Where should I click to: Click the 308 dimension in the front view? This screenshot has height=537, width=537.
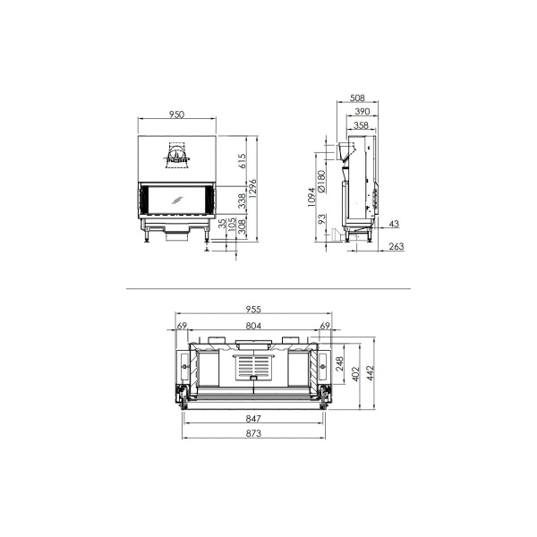pyautogui.click(x=241, y=238)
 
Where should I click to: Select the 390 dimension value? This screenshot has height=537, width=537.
pyautogui.click(x=361, y=113)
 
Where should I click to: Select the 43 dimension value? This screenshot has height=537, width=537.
pyautogui.click(x=395, y=224)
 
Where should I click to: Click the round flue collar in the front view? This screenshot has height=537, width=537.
pyautogui.click(x=176, y=157)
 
